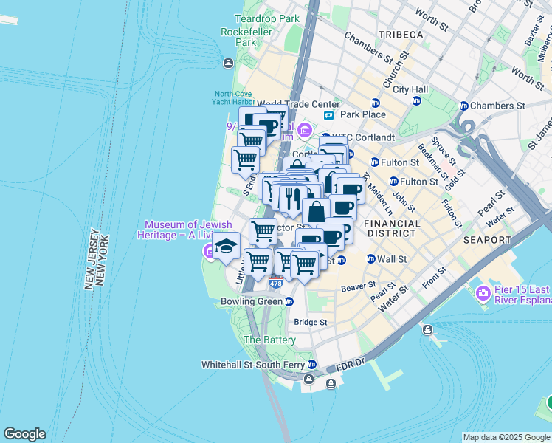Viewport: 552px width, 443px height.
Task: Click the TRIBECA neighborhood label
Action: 400,35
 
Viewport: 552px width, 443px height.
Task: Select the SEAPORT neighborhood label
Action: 487,240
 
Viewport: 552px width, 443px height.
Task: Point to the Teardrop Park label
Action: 266,18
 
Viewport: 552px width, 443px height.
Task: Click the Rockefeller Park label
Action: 238,37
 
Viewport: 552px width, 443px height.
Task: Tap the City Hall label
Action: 410,89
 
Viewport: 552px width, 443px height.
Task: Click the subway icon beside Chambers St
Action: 464,106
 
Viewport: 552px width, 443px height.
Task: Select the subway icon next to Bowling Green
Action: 289,301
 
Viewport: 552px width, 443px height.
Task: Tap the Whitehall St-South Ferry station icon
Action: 312,365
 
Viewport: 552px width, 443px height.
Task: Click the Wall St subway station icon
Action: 370,259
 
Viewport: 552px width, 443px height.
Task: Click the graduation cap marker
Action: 226,245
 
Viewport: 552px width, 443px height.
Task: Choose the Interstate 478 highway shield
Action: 275,282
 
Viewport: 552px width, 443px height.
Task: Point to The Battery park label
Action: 269,340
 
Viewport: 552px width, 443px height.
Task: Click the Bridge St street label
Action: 310,323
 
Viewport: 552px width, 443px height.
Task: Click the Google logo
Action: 24,434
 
